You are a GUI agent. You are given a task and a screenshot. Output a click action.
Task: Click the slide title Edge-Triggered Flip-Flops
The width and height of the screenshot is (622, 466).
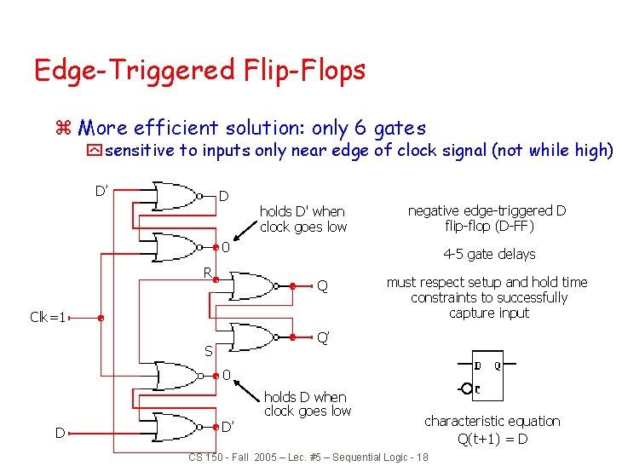tap(199, 70)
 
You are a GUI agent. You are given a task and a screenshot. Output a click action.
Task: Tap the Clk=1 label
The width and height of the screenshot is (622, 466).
tap(48, 318)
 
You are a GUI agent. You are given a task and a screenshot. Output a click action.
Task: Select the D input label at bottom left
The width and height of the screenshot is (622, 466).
tap(60, 433)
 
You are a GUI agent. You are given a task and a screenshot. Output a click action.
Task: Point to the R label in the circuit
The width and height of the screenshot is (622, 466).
tap(206, 273)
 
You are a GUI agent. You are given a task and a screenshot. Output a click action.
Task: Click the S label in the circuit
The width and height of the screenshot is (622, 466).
tap(208, 350)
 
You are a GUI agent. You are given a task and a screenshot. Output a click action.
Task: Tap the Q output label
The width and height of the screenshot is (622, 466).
tap(322, 286)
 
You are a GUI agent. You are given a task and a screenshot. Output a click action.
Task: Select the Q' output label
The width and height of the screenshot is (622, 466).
tap(324, 337)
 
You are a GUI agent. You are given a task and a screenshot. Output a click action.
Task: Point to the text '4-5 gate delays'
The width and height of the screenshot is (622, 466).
tap(489, 254)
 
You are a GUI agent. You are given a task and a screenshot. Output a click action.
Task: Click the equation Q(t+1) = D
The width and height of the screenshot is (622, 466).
tap(492, 440)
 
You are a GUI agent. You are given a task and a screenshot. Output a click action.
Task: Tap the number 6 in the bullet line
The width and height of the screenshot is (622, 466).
tap(360, 129)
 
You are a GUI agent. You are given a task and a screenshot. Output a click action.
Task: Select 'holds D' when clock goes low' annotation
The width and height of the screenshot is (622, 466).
tap(302, 219)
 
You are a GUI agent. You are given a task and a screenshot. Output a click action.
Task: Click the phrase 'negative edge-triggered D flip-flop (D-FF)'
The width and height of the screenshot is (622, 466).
tap(487, 218)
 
